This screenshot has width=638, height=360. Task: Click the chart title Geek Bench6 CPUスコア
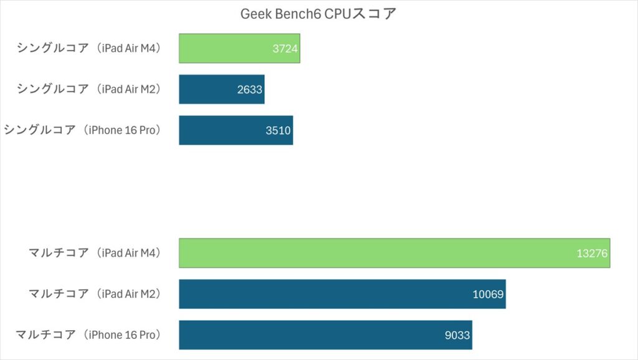click(x=318, y=14)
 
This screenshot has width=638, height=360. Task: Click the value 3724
click(x=285, y=49)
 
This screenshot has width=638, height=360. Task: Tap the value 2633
click(x=250, y=90)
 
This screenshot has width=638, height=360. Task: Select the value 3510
click(x=279, y=131)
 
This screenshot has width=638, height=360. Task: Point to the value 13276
click(x=591, y=253)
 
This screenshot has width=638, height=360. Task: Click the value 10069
click(x=488, y=294)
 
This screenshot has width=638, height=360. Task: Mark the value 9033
click(x=457, y=335)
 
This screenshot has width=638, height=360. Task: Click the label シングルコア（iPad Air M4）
click(x=89, y=48)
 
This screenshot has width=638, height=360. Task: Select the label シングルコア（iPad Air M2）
click(x=89, y=89)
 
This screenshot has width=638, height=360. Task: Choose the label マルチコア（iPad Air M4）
click(x=95, y=253)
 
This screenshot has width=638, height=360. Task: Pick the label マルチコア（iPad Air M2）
click(x=95, y=293)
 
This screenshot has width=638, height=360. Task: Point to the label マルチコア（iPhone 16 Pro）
click(x=88, y=334)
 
